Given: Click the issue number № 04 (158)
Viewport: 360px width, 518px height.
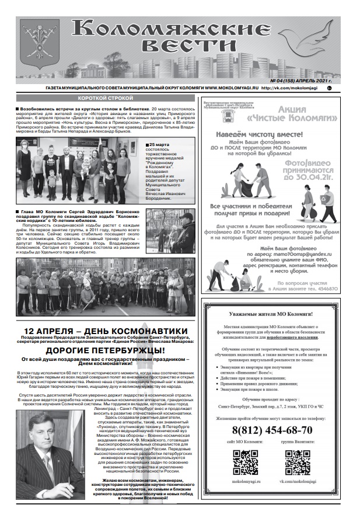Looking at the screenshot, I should tap(299, 80).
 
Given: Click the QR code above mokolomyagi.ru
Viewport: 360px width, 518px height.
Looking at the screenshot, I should tap(246, 462).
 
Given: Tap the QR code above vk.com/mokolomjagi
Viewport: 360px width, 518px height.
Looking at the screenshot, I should tap(298, 462).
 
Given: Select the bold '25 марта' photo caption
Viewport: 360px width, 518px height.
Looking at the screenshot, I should tap(159, 144).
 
